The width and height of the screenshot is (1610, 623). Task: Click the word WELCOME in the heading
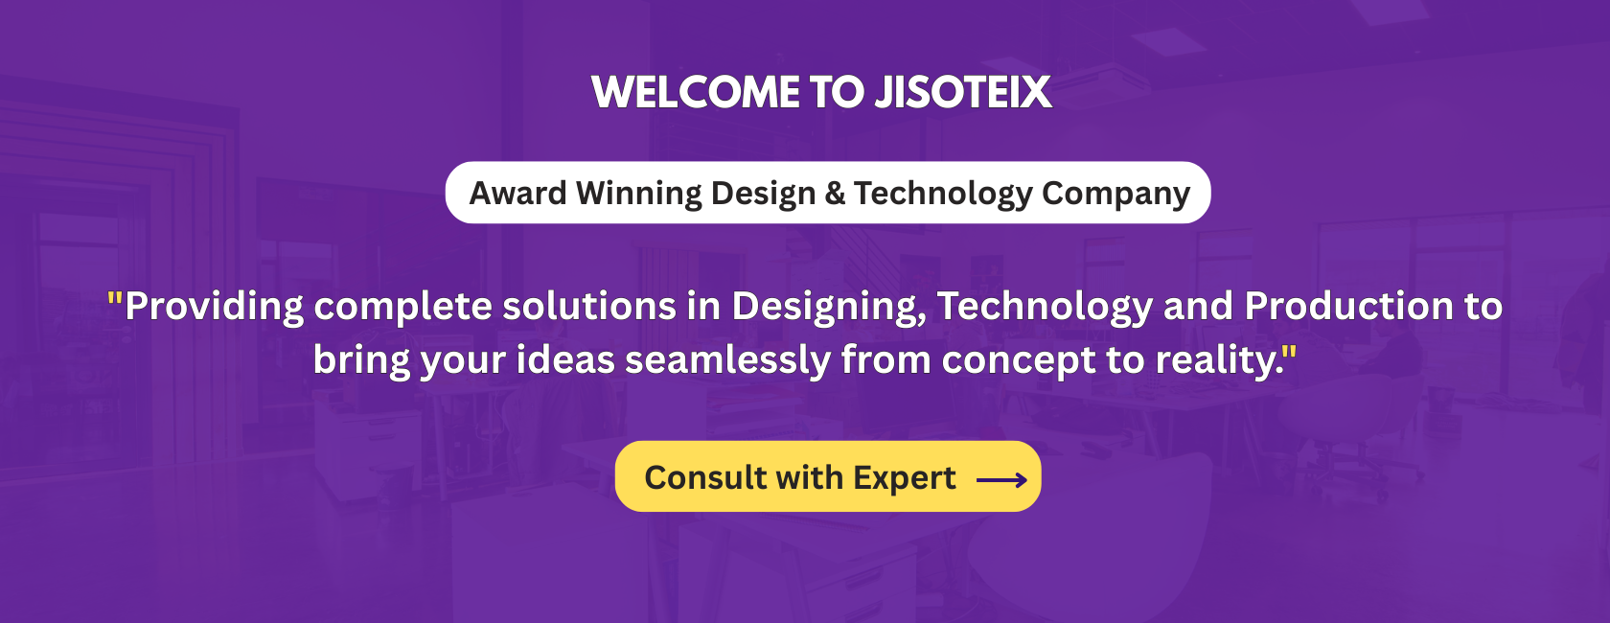click(x=695, y=93)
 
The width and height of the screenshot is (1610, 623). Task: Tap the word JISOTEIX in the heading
click(x=964, y=93)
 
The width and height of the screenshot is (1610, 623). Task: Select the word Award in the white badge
click(x=517, y=193)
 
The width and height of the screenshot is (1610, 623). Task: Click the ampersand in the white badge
click(x=835, y=193)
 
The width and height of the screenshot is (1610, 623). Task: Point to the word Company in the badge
click(x=1115, y=194)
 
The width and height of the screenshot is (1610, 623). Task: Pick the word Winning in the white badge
click(x=638, y=194)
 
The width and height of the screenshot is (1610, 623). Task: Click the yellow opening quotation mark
click(x=114, y=297)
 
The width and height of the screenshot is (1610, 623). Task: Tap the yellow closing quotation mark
click(x=1290, y=351)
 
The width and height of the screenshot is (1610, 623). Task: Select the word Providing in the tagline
click(x=215, y=307)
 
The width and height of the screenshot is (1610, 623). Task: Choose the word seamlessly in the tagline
click(x=727, y=360)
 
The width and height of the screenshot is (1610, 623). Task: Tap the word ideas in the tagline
click(x=565, y=359)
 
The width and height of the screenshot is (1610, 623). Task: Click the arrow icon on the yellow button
click(x=1002, y=480)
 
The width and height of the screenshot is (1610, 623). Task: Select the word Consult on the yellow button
click(x=705, y=477)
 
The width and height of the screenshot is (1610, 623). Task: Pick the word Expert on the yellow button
click(x=905, y=478)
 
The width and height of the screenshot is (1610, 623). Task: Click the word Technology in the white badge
click(x=943, y=194)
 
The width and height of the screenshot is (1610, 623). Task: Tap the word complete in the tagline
click(x=402, y=307)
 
